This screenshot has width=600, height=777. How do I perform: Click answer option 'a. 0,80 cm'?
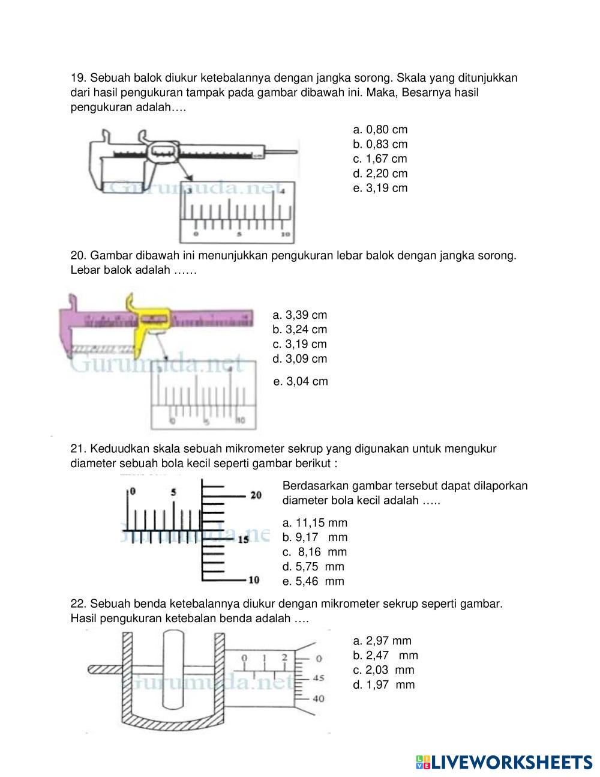[380, 130]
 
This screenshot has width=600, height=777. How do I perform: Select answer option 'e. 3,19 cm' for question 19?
[380, 189]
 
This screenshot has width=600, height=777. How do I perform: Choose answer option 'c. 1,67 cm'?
[380, 159]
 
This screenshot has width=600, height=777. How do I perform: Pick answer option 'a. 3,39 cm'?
[299, 315]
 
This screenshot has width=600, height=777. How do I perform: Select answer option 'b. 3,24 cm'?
[299, 330]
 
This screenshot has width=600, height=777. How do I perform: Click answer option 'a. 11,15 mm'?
[314, 523]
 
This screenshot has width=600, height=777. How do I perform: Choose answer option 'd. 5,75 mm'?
[313, 567]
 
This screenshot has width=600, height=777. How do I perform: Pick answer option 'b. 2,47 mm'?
[385, 656]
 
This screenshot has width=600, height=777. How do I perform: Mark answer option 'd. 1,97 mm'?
[383, 685]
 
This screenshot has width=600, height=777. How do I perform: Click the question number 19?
[78, 78]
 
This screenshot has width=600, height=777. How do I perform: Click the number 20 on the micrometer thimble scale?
[256, 495]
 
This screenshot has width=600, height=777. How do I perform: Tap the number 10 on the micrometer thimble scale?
[254, 580]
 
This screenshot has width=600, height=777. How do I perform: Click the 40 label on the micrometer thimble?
[319, 699]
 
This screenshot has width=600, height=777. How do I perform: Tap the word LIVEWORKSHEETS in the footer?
[512, 762]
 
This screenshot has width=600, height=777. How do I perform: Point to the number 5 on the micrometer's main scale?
[173, 492]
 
